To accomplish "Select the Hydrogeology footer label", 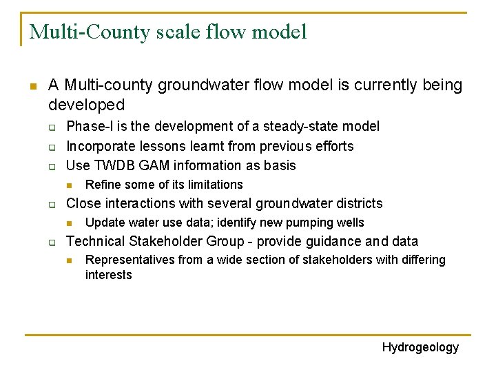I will coord(420,347).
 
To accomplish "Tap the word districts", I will coord(358,203).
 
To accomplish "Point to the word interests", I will coord(108,275).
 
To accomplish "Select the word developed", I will coord(86,105).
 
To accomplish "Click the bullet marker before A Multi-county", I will coord(32,86).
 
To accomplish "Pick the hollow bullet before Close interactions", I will coord(52,204).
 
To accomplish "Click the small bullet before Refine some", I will coord(70,185).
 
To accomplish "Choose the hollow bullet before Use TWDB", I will coord(52,166).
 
